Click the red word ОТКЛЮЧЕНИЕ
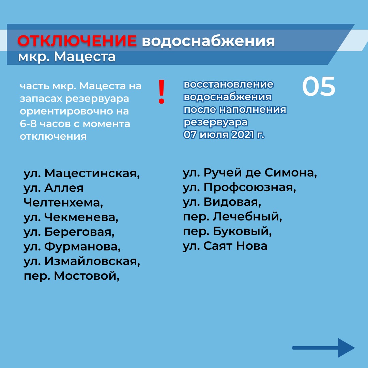click(77, 41)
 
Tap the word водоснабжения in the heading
click(208, 42)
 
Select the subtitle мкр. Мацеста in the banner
click(67, 57)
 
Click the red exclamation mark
click(161, 92)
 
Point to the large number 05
click(319, 86)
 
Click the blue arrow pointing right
click(323, 348)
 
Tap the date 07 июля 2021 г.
click(224, 135)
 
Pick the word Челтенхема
click(63, 202)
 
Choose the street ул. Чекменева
click(71, 217)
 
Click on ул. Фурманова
click(72, 246)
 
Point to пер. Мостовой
click(72, 276)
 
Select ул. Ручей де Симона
click(250, 173)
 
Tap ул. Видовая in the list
click(222, 202)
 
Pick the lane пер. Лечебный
click(232, 217)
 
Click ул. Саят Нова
click(225, 246)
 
